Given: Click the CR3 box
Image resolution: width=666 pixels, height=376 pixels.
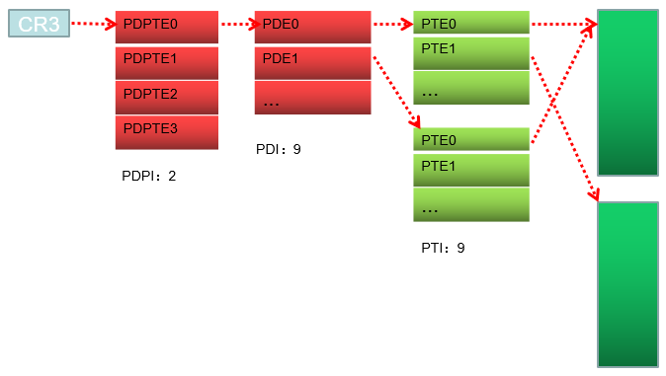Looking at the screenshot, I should coord(39,23).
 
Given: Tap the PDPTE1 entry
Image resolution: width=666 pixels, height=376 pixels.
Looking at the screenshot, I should coord(166,61).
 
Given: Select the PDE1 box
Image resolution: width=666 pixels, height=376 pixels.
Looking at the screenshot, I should coord(312,61).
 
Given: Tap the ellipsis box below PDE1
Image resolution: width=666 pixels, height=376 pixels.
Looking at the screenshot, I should coord(312,98).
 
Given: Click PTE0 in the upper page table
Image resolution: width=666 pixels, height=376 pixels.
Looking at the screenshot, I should coord(470,23).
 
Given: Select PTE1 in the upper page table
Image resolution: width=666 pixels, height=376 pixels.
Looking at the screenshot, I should coord(470,52).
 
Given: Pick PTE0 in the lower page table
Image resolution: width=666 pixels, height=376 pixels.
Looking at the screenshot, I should coord(470,139).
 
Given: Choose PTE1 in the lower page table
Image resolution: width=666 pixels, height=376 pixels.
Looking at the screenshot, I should coord(470,170).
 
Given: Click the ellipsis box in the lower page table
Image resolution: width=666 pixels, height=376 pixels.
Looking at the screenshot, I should coord(470,205).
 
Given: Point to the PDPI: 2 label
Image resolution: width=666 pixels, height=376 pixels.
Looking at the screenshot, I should coord(148,176).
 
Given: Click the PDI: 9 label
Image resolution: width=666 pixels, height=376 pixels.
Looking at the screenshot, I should coord(278,150).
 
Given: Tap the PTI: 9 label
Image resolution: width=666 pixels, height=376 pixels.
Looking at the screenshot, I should coord(443,248).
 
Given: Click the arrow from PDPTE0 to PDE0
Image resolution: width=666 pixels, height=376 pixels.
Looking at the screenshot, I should coord(236,24).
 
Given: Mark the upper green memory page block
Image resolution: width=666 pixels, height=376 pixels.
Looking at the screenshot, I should coord(627,94).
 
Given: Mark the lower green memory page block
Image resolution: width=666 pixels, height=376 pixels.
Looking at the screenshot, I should coord(627,284).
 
